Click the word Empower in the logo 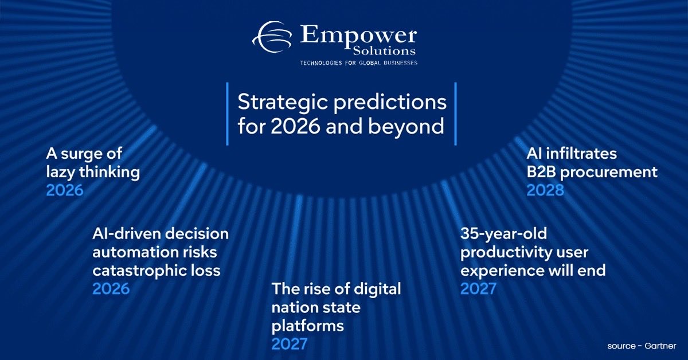tap(358, 36)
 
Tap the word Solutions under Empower tap(389, 52)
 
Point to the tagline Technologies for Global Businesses tap(359, 62)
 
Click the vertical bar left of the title tap(227, 114)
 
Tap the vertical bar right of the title tap(455, 114)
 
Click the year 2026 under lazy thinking tap(65, 190)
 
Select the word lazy tap(64, 172)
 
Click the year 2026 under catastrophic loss tap(111, 288)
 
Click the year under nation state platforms tap(290, 344)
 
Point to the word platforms tap(307, 326)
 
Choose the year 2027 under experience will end tap(479, 288)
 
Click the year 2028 tap(545, 190)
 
